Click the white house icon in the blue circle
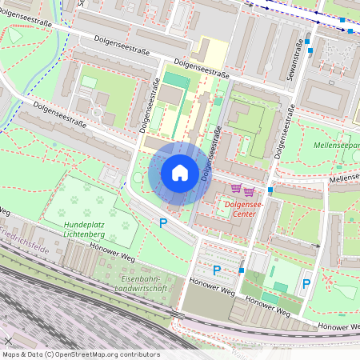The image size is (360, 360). (x=180, y=173)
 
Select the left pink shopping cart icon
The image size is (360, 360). (x=236, y=190)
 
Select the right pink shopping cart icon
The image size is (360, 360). (x=249, y=190)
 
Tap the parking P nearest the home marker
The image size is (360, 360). (x=164, y=223)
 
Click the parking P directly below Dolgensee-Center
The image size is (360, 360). (x=216, y=270)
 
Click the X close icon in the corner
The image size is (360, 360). (x=8, y=341)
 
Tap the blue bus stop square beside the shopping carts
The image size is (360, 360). (x=271, y=190)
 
